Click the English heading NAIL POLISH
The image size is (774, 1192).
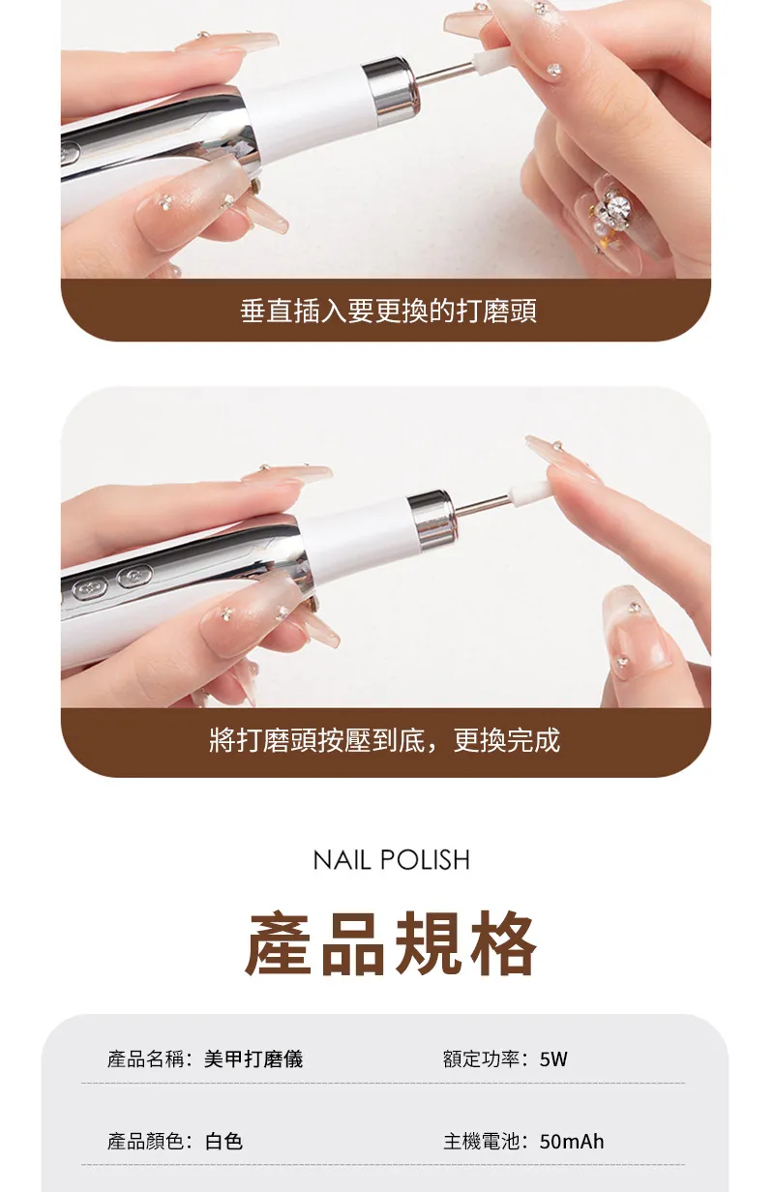click(392, 859)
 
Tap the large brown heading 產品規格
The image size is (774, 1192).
click(391, 943)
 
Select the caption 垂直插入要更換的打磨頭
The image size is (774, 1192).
click(388, 311)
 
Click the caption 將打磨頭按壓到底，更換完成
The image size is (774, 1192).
click(385, 740)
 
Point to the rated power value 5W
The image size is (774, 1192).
click(553, 1058)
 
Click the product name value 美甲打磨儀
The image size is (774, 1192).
click(253, 1058)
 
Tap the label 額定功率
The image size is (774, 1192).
click(481, 1058)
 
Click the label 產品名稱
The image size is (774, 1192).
click(145, 1058)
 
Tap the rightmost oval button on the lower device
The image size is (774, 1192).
click(134, 577)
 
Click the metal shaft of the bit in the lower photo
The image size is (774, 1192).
click(483, 504)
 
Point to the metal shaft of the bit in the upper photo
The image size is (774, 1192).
click(445, 73)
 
